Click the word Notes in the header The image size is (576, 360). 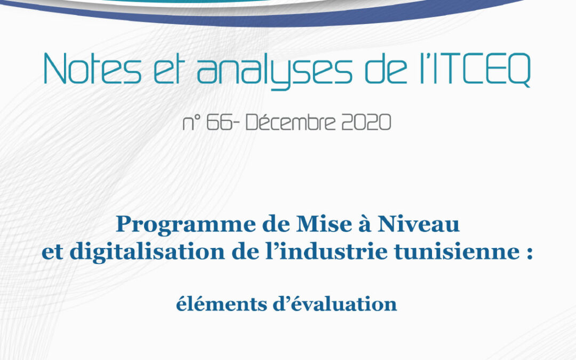92,69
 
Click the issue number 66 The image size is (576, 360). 219,122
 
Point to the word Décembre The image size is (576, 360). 291,122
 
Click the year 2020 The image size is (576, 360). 366,122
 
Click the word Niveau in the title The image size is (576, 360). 419,223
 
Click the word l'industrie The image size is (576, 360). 326,251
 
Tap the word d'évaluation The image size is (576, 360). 334,304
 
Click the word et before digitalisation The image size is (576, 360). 52,253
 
